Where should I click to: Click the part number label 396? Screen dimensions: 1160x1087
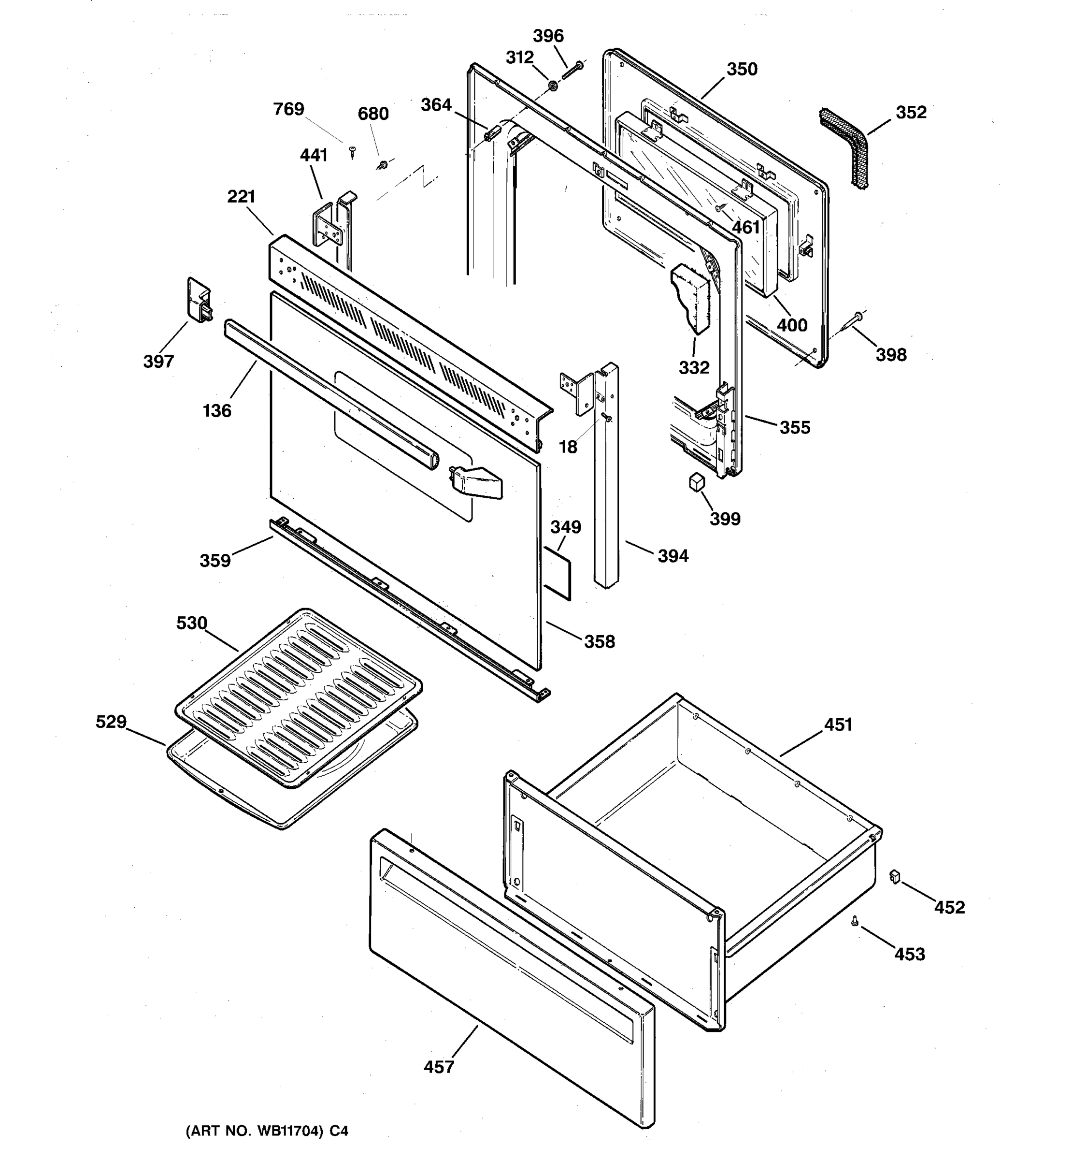click(548, 36)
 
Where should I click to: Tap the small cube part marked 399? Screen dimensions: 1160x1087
click(696, 482)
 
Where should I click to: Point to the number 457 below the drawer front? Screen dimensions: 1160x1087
click(439, 1067)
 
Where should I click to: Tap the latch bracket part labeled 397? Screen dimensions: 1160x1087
click(198, 300)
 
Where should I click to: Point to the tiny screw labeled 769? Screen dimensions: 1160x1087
click(352, 152)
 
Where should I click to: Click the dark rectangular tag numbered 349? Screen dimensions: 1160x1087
click(558, 573)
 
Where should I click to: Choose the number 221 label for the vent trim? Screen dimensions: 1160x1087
click(242, 197)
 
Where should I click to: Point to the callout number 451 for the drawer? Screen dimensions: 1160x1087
click(838, 725)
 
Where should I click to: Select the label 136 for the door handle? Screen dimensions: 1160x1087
click(217, 411)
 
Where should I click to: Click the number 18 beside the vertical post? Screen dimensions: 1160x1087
click(567, 447)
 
